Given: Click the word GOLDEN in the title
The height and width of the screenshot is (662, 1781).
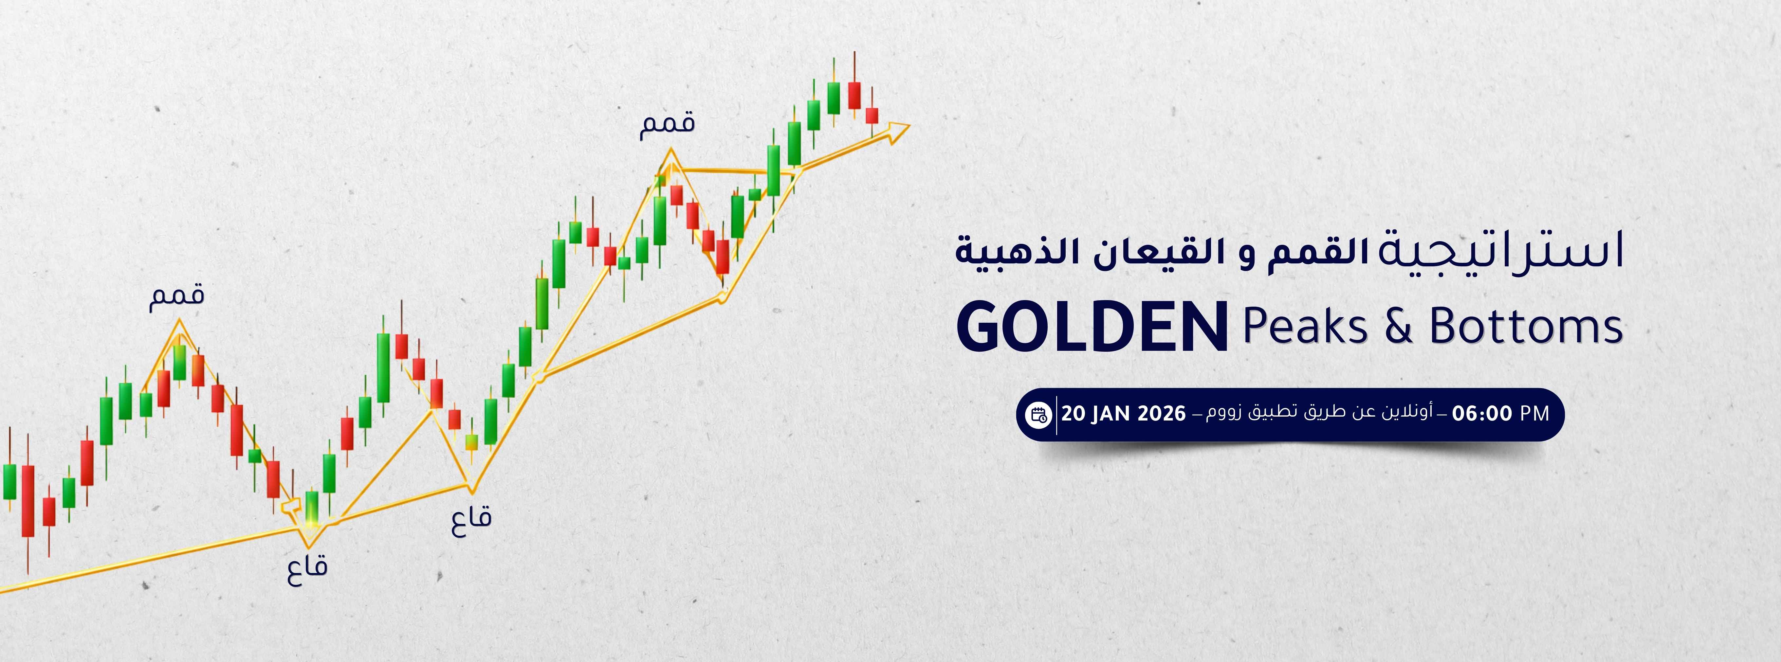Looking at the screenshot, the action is [1092, 328].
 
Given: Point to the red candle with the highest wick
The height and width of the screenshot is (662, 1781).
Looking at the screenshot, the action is [854, 95].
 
